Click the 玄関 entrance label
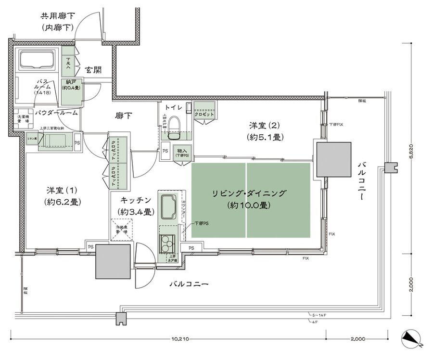pyautogui.click(x=93, y=70)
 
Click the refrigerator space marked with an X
pyautogui.click(x=121, y=229)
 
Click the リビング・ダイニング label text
pyautogui.click(x=249, y=193)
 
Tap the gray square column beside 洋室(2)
pyautogui.click(x=333, y=159)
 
